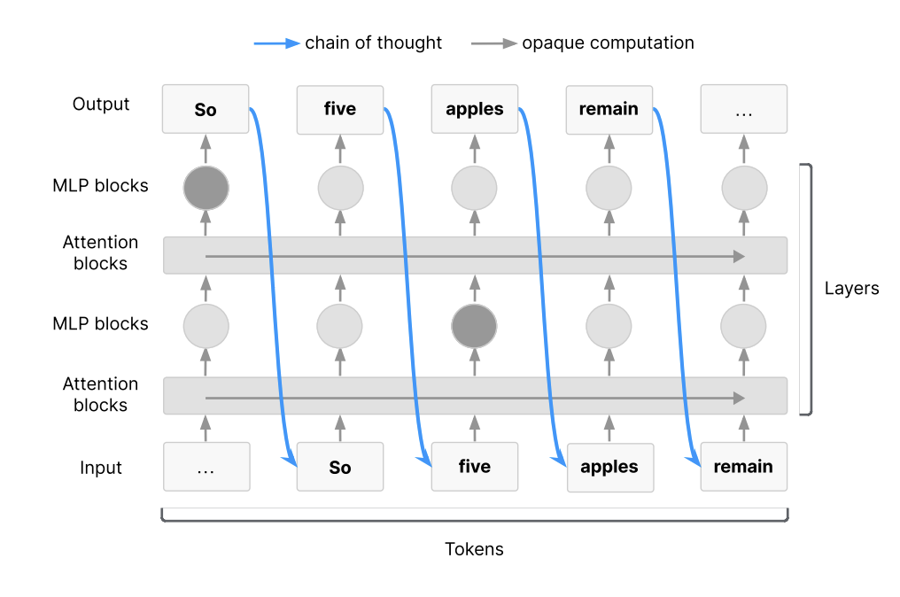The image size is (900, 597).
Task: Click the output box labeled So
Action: point(206,109)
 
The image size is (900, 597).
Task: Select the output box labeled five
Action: point(340,110)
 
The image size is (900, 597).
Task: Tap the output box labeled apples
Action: point(475,109)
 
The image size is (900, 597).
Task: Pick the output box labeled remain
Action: point(609,110)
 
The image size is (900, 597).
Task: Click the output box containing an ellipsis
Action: point(744,109)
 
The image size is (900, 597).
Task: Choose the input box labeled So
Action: point(340,467)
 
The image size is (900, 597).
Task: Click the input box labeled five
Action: point(475,467)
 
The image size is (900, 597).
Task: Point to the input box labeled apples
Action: point(610,468)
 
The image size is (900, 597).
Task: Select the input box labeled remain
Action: point(744,467)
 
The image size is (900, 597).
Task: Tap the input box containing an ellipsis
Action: point(206,467)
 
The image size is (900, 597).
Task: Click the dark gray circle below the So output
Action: point(206,188)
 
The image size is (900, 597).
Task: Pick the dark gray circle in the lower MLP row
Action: point(474,326)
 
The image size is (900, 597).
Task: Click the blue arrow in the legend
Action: point(276,43)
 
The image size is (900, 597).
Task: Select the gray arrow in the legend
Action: point(493,43)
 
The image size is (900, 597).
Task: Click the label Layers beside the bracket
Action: point(852,288)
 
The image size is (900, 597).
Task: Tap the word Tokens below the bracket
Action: point(474,549)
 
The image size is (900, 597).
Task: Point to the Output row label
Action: point(101,104)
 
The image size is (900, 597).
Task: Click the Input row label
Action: point(101,468)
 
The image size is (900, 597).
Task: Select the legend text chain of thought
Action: point(373,43)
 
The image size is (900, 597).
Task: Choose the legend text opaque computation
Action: point(608,43)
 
